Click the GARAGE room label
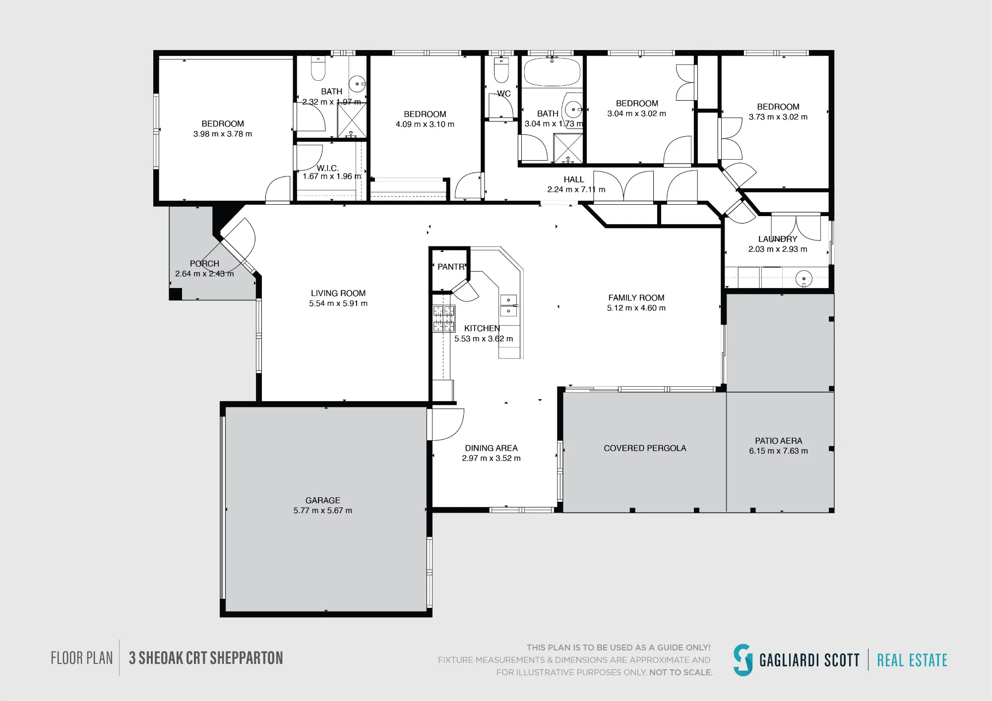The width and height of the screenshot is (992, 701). tap(323, 500)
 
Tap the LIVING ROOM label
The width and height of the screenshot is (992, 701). tap(338, 293)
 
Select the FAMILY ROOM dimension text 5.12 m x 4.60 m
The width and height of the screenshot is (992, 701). tap(636, 308)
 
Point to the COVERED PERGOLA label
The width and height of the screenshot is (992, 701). tap(645, 448)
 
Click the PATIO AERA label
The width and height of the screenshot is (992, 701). tap(779, 441)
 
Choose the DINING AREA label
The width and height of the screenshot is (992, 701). tap(491, 448)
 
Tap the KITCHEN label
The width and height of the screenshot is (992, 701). tap(482, 328)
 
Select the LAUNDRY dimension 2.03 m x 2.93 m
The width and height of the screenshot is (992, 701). tap(778, 249)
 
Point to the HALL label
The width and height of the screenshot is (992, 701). tap(574, 179)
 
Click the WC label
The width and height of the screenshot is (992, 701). tap(504, 94)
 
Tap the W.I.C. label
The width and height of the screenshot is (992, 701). tap(327, 168)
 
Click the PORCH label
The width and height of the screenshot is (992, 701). tap(204, 264)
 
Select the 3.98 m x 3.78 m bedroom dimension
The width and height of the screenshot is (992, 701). tap(223, 134)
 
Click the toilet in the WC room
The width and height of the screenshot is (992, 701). tap(501, 70)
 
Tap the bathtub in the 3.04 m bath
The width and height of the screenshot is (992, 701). tap(552, 72)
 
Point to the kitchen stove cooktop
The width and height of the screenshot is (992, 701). tap(444, 318)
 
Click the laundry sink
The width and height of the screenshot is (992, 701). tap(804, 279)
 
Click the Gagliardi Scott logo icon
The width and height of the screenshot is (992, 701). tap(743, 660)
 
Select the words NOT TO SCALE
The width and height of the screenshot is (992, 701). tap(681, 672)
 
